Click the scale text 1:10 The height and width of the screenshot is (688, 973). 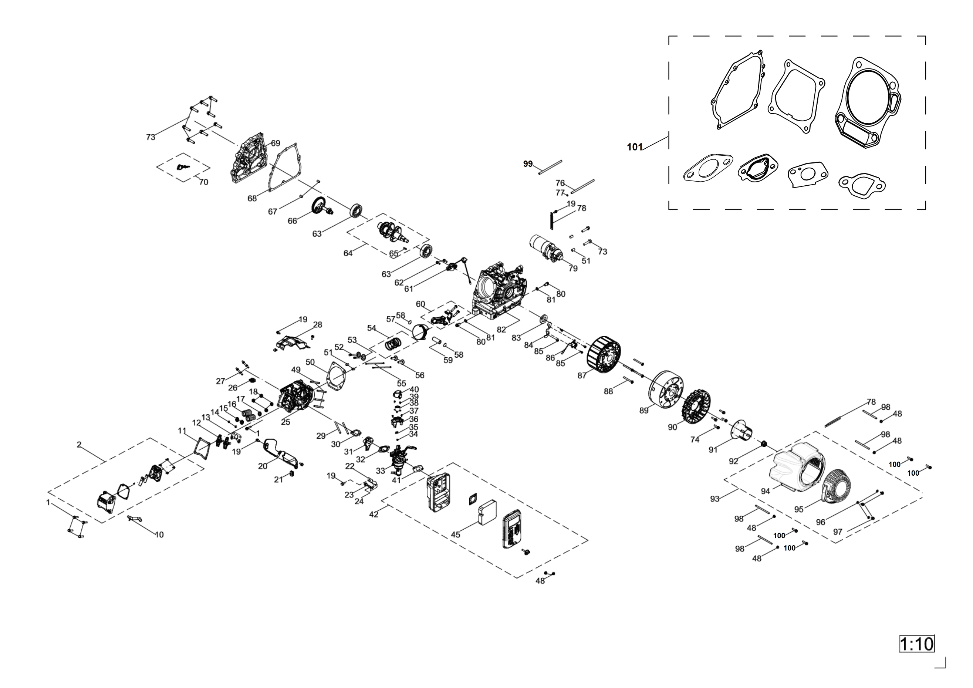tap(917, 644)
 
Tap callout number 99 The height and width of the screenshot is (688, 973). tap(528, 163)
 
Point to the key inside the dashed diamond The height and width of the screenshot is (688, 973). tap(183, 167)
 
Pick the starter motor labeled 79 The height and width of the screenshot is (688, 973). tap(546, 249)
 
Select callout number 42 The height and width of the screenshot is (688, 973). tap(374, 514)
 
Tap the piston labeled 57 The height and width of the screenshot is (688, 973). tap(420, 332)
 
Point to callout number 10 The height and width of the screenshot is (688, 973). tap(159, 534)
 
